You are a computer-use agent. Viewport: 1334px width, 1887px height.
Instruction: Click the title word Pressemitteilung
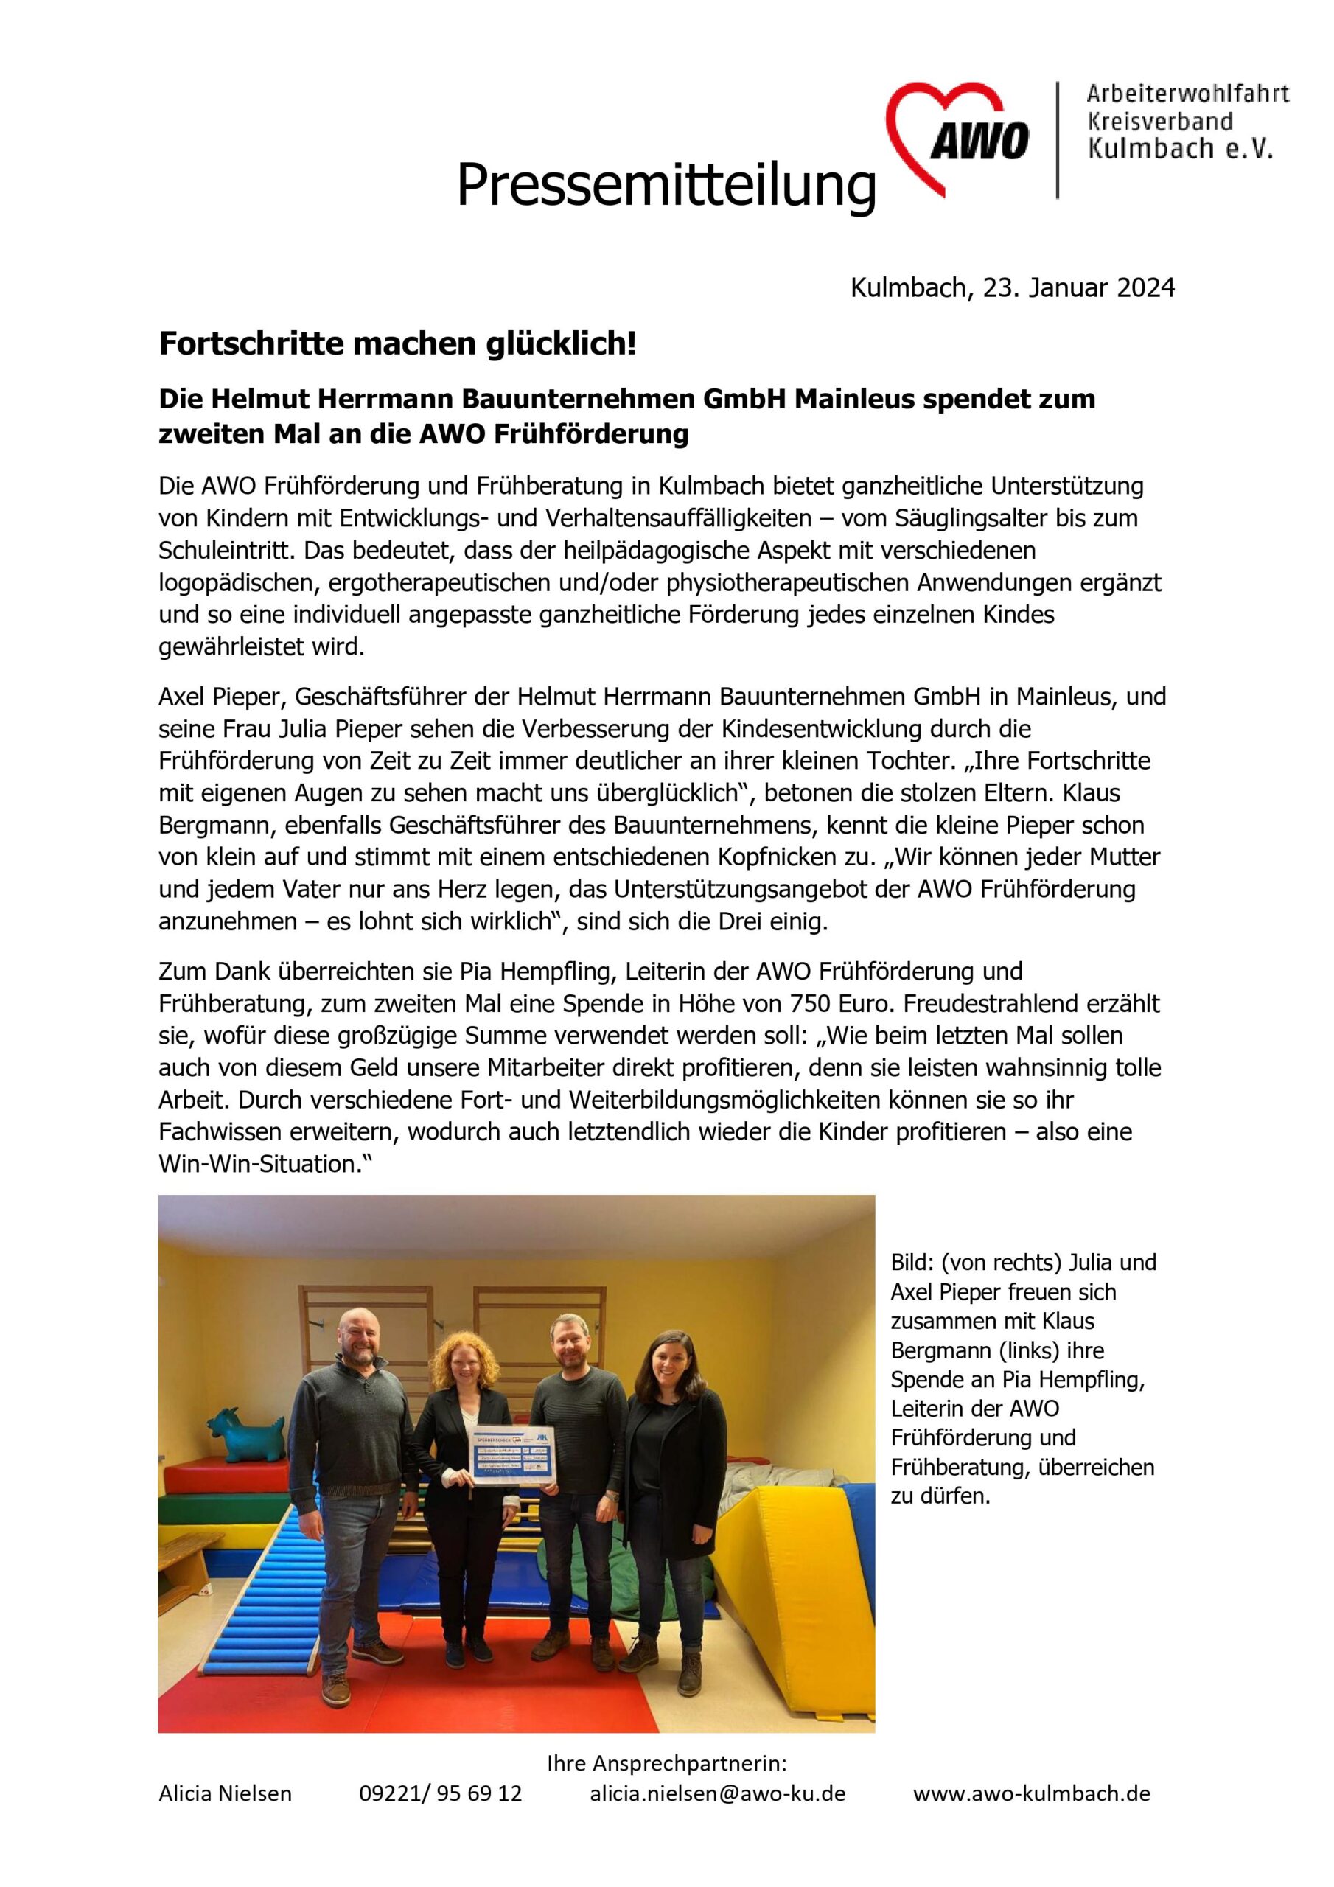(666, 185)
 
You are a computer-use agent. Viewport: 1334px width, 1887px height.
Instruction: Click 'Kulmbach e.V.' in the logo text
(1179, 148)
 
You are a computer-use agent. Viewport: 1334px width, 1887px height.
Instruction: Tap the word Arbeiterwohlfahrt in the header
(1187, 94)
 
